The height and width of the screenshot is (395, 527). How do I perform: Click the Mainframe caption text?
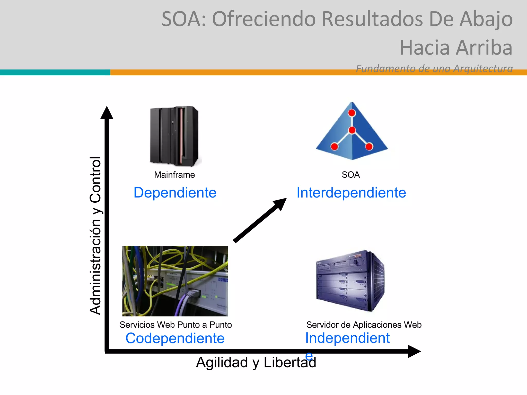(174, 175)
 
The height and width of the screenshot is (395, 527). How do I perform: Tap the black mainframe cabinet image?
(174, 136)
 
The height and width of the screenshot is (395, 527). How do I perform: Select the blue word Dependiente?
(175, 193)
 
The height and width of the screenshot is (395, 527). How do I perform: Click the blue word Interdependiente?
(351, 193)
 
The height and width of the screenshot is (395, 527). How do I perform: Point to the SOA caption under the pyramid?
(350, 175)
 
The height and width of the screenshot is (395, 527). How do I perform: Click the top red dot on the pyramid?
(352, 113)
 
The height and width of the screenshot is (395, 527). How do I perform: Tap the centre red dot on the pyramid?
(352, 130)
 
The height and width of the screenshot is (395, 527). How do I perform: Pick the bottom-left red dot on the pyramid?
(334, 147)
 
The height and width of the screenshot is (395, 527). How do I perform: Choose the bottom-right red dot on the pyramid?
(369, 147)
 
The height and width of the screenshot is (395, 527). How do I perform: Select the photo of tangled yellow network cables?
(175, 281)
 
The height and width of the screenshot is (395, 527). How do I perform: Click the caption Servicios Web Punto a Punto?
(175, 325)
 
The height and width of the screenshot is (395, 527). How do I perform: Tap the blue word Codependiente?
(175, 338)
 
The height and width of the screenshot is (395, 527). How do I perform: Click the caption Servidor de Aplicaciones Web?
(364, 325)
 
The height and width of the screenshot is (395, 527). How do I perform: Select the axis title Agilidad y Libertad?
(256, 362)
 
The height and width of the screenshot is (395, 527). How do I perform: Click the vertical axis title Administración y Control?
(95, 235)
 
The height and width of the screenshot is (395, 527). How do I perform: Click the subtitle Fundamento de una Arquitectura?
(434, 68)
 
